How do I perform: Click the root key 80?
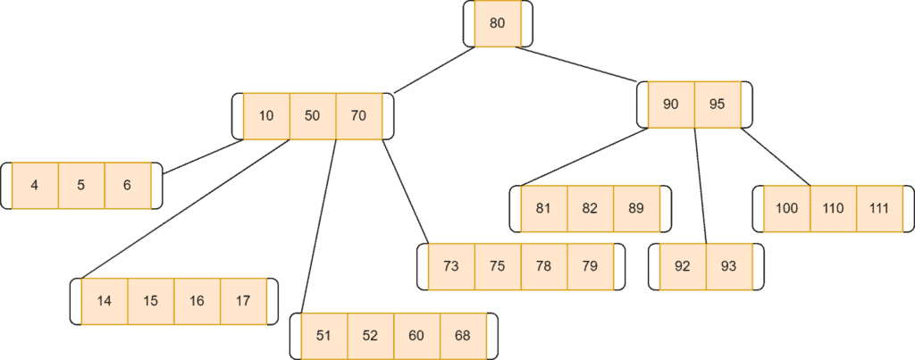tap(497, 23)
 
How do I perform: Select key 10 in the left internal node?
tap(266, 115)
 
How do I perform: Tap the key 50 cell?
tap(313, 115)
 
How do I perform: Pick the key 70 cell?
tap(358, 115)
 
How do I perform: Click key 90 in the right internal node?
tap(671, 104)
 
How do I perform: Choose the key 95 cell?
tap(717, 104)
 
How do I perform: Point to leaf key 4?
tap(35, 185)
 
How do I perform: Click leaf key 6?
tap(127, 185)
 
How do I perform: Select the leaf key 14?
tap(105, 300)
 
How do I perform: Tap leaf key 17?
tap(243, 300)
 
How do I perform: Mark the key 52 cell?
tap(370, 335)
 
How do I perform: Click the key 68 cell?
tap(462, 335)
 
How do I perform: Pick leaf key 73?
tap(451, 265)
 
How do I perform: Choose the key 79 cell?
tap(590, 265)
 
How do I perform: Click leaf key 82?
tap(590, 208)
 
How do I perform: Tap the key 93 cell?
tap(728, 265)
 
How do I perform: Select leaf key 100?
tap(787, 208)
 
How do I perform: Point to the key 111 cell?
tap(879, 208)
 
